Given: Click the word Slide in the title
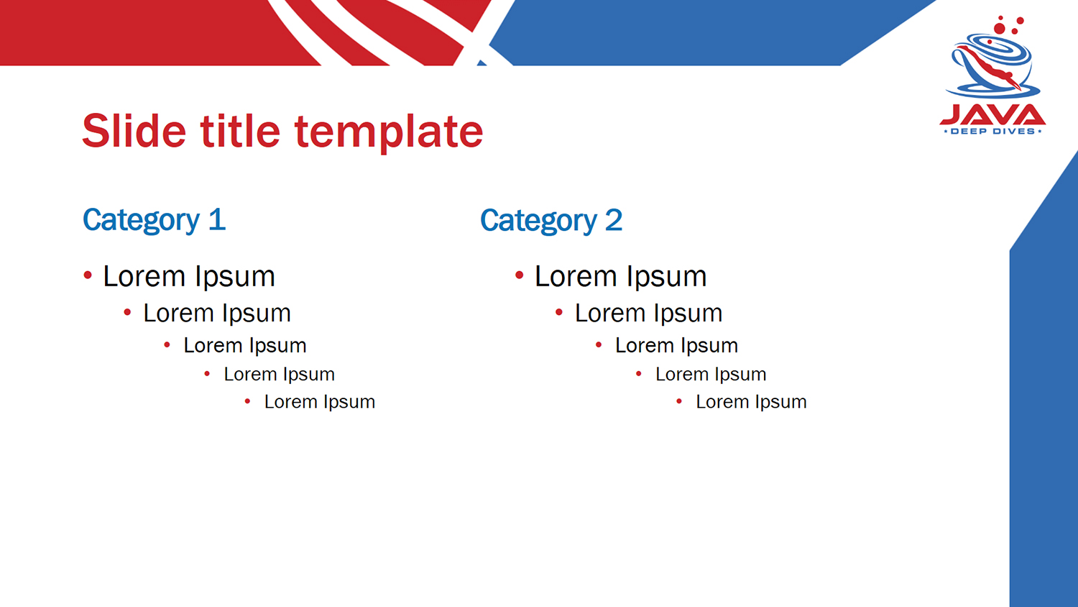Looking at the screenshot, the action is click(134, 131).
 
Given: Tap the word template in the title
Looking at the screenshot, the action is click(389, 133).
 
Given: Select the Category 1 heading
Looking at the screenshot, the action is click(154, 221).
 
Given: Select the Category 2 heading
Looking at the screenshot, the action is click(551, 221).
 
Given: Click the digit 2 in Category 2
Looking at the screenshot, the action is click(614, 219).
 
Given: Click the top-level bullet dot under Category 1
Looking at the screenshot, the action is click(88, 275).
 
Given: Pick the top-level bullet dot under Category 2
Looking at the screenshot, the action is click(520, 275).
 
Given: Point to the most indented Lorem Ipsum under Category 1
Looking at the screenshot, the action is click(320, 402).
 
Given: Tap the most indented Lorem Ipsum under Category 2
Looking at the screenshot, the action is click(751, 402).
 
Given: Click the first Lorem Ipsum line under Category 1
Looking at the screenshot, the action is click(188, 277).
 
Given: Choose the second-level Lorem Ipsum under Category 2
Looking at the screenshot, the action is click(649, 314).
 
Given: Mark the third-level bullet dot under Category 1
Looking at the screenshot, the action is click(167, 344).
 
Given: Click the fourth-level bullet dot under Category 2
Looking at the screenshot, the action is click(639, 373).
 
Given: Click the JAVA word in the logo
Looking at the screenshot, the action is click(992, 114).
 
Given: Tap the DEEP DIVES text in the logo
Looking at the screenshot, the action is click(992, 131).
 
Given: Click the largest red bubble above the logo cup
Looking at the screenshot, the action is click(1000, 29).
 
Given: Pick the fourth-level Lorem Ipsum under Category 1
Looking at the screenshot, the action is click(279, 374).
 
